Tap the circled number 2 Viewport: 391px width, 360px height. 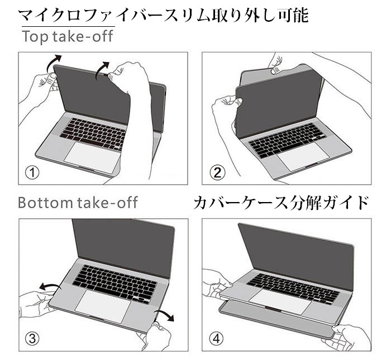pos(218,172)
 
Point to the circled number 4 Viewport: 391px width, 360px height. pos(217,338)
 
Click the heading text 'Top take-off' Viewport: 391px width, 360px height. pos(67,37)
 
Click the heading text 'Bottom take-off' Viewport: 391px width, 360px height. pos(78,202)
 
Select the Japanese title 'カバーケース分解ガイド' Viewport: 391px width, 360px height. pos(282,202)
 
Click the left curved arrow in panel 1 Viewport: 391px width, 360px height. pos(53,60)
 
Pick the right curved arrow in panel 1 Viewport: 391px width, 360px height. pos(102,69)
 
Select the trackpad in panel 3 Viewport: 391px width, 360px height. pos(102,305)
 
